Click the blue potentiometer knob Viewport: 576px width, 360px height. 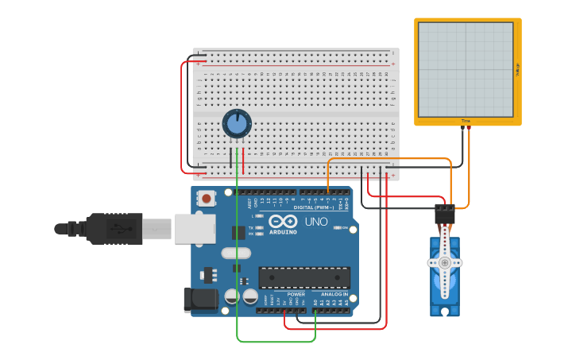(237, 124)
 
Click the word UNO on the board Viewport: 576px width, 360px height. (316, 222)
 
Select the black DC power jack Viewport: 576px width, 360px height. (201, 299)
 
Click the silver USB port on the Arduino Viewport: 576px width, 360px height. (195, 228)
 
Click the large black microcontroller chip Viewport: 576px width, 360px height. (304, 277)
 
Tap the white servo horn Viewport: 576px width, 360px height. (445, 263)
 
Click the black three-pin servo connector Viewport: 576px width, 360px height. (444, 213)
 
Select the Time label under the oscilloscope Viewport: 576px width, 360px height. (466, 121)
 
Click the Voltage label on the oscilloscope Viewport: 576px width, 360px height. (517, 70)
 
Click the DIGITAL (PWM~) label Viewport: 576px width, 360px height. (314, 207)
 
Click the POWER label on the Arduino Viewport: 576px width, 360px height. (296, 294)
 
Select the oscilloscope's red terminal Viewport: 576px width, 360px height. (469, 127)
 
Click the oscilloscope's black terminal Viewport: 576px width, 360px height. (462, 127)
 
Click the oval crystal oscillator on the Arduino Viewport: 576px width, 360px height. (230, 254)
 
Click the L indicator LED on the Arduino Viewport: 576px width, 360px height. (261, 216)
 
